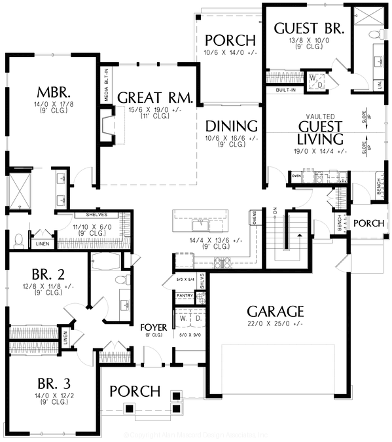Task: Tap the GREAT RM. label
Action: [154, 98]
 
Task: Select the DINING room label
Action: [230, 126]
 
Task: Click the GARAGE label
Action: [275, 310]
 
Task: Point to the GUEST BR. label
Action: [304, 28]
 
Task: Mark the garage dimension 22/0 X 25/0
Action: [275, 323]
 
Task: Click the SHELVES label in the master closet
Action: [96, 214]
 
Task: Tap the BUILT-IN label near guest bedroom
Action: [287, 89]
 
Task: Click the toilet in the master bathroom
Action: [18, 239]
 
